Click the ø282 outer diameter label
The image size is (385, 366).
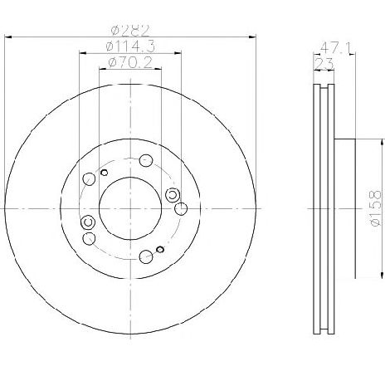coord(130,31)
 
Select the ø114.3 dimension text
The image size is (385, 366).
coord(130,46)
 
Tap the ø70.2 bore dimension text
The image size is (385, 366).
coord(130,62)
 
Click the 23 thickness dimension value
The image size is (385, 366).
coord(324,64)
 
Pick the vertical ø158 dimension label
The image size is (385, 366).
coord(376,207)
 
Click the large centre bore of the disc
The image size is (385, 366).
coord(130,208)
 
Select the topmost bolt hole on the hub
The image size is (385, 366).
coord(146,160)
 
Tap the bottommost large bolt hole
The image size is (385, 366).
coord(146,256)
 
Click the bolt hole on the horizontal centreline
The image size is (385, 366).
coord(181,208)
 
